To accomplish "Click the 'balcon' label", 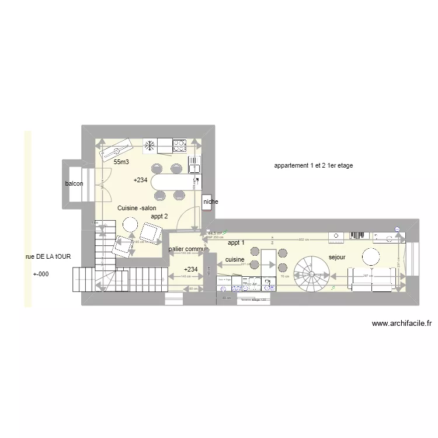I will pyautogui.click(x=74, y=184).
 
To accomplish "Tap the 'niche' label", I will pyautogui.click(x=210, y=202).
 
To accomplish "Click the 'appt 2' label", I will pyautogui.click(x=159, y=216).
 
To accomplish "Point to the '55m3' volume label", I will pyautogui.click(x=121, y=162).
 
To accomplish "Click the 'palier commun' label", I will pyautogui.click(x=189, y=249).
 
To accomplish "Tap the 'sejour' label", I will pyautogui.click(x=337, y=257).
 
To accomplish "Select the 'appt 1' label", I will pyautogui.click(x=237, y=242).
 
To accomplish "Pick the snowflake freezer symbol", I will pyautogui.click(x=150, y=144).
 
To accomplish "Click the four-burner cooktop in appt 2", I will pyautogui.click(x=179, y=144).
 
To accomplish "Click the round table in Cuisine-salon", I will pyautogui.click(x=130, y=224).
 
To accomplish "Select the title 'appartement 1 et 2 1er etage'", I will pyautogui.click(x=313, y=166).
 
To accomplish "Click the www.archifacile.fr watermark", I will pyautogui.click(x=401, y=323).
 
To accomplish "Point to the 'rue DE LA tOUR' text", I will pyautogui.click(x=48, y=257).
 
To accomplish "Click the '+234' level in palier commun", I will pyautogui.click(x=190, y=269).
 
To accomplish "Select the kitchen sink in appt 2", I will pyautogui.click(x=194, y=162).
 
